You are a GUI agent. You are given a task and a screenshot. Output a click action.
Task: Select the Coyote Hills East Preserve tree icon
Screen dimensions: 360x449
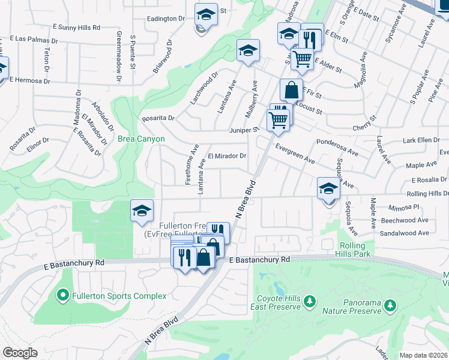click(310, 301)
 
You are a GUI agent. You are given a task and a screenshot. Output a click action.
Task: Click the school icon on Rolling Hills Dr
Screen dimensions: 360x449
click(328, 189)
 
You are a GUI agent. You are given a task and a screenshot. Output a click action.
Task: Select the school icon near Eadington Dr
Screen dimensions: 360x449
click(206, 13)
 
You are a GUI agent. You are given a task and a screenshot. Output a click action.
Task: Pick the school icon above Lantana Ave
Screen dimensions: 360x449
click(247, 51)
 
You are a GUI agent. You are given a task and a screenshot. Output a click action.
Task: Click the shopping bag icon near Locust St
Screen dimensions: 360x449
click(291, 90)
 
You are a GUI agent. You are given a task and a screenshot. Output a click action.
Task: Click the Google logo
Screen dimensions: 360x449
click(20, 352)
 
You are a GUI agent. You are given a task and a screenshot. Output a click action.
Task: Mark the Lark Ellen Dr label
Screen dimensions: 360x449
click(422, 140)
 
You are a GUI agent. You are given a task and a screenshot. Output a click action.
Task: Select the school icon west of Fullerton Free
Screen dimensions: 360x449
click(141, 211)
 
